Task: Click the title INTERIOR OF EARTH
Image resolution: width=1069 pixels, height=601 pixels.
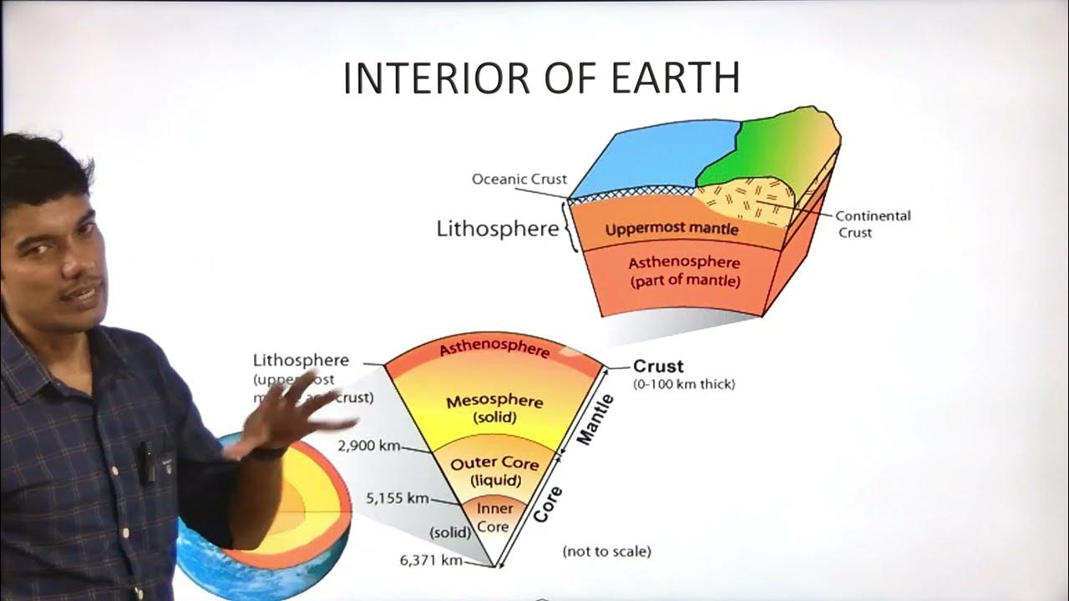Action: (541, 78)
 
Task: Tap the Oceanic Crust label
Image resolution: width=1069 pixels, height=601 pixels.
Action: (519, 179)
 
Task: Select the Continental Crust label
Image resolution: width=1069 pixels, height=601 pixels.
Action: (873, 224)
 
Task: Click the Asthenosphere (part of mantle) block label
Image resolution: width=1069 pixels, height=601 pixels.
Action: (684, 272)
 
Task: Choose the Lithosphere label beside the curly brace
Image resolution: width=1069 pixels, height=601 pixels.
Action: (497, 229)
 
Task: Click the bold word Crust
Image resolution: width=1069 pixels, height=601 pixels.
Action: (658, 366)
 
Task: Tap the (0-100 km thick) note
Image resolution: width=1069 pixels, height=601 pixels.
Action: (684, 385)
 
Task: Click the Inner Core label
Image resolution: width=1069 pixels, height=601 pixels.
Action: (494, 518)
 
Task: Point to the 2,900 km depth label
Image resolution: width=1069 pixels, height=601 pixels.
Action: (368, 446)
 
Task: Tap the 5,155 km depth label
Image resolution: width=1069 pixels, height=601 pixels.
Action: (397, 499)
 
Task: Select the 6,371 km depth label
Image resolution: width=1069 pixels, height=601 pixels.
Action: (431, 560)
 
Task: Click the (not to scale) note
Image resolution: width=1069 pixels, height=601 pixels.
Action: (606, 551)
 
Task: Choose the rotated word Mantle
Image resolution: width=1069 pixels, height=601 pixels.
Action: (595, 420)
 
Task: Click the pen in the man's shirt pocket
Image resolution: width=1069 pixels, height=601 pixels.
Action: (147, 462)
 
